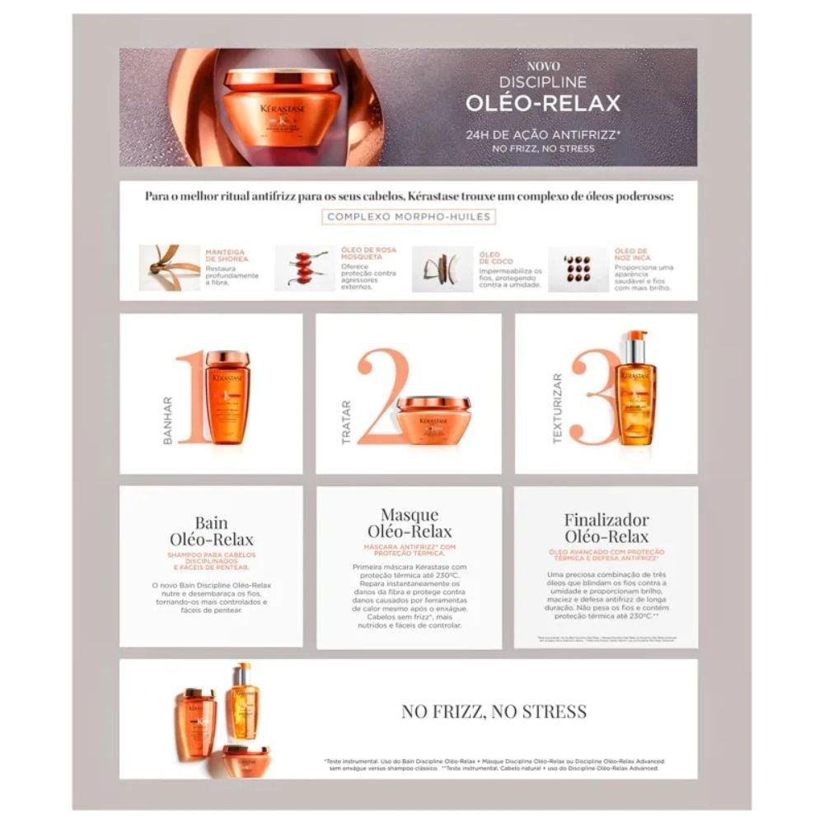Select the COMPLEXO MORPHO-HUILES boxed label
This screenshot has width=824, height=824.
point(409,218)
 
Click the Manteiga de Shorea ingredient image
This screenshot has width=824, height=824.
point(170,267)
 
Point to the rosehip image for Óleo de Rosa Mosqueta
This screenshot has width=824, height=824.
point(305,268)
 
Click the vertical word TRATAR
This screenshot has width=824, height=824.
point(346,422)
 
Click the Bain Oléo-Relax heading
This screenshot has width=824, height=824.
point(212,531)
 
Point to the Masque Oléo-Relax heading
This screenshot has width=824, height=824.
point(409,523)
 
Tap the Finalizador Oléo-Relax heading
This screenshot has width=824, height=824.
point(606,528)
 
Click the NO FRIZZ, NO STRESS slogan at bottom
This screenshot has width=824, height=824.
point(494,711)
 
